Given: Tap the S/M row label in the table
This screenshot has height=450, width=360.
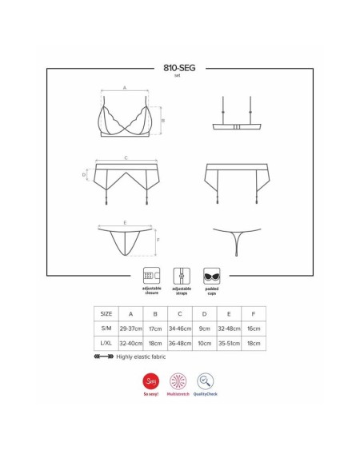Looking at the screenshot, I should [x=104, y=329].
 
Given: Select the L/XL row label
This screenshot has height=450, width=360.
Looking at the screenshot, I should [x=104, y=344].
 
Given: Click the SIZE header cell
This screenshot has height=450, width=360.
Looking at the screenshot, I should [x=104, y=313].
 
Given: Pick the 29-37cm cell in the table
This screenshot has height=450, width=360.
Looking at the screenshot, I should [x=130, y=329].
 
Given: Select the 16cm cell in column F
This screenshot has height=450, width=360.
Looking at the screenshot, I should [x=254, y=329].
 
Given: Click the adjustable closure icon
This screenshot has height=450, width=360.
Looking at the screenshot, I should [x=150, y=274].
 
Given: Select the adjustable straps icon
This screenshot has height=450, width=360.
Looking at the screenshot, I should [x=181, y=274].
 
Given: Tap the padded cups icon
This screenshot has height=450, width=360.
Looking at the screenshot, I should [x=211, y=274].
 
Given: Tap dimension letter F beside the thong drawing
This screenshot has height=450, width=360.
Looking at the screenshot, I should [x=158, y=240].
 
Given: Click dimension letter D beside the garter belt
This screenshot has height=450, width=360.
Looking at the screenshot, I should [x=83, y=174].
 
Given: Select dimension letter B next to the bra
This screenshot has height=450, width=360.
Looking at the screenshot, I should [x=162, y=121].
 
